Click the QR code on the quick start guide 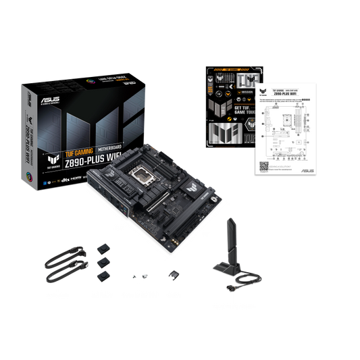pyautogui.click(x=264, y=165)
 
